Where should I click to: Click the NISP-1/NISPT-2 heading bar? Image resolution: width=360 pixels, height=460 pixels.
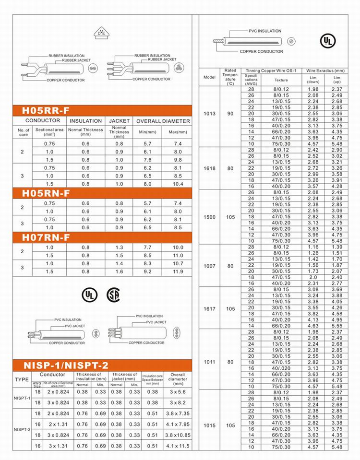tap(66, 366)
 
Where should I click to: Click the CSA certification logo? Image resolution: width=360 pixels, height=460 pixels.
tap(114, 294)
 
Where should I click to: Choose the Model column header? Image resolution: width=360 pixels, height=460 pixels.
tap(209, 77)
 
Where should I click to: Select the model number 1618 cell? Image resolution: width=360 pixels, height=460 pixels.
tap(209, 168)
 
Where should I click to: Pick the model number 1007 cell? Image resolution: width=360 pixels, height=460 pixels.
tap(209, 265)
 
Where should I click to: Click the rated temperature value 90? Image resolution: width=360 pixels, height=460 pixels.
tap(230, 114)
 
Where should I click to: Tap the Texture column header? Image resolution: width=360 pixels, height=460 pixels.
tap(281, 80)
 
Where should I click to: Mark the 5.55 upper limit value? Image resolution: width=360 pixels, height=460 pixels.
tap(336, 325)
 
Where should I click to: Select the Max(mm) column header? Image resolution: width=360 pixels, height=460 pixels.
tap(176, 132)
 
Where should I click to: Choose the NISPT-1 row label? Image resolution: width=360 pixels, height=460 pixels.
tap(22, 398)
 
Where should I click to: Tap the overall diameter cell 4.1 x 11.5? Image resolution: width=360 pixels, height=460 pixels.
tap(178, 446)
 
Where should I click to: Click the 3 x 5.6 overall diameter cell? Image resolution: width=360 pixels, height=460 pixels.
tap(178, 392)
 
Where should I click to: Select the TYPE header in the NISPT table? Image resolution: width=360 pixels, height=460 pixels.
tap(22, 379)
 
